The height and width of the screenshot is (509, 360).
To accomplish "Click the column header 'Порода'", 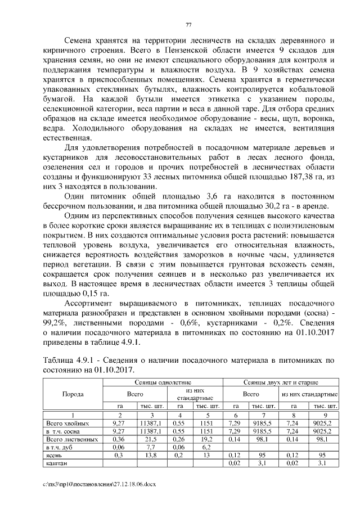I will coord(73,394).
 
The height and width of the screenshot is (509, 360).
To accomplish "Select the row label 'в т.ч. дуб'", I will coord(59,447).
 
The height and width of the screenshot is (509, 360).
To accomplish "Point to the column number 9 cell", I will coord(325,415).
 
